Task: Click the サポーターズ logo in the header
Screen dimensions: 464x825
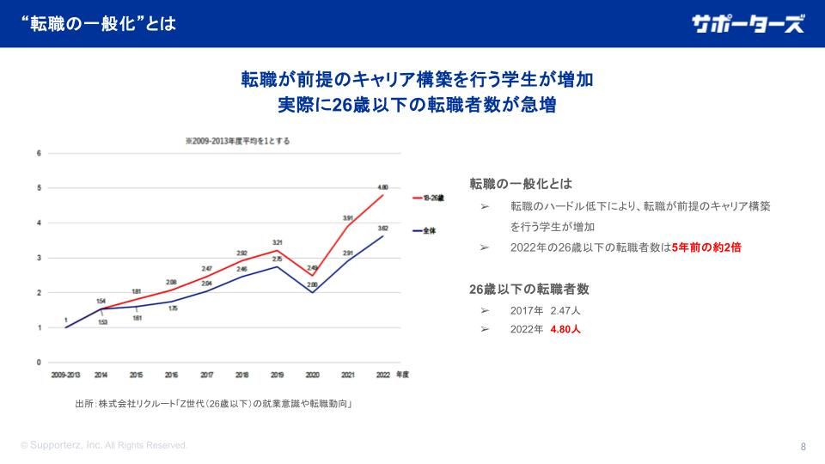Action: click(748, 24)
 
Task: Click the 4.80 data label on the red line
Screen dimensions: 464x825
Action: click(383, 186)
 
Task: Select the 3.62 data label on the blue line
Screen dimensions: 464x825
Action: click(383, 228)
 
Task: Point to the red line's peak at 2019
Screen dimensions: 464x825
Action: click(278, 250)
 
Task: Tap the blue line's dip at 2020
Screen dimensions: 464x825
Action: click(313, 292)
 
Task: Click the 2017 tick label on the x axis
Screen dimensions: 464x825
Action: click(207, 375)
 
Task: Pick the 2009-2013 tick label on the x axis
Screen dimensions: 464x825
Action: click(65, 375)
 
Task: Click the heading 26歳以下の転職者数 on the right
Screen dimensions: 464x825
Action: click(529, 289)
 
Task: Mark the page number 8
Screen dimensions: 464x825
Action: click(803, 447)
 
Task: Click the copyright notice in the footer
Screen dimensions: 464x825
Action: click(104, 446)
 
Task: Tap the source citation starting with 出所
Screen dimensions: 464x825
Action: click(216, 403)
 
